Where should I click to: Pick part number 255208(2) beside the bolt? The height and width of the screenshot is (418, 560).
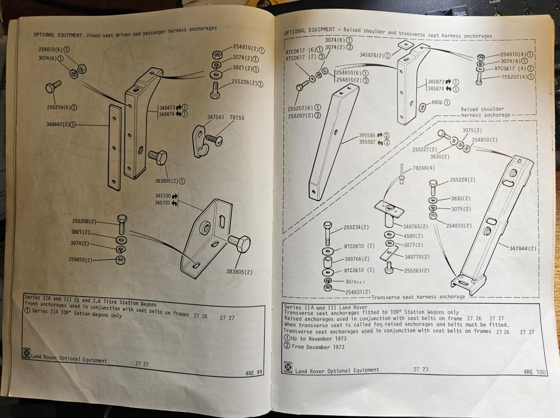85,222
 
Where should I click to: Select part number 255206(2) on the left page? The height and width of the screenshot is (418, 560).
247,82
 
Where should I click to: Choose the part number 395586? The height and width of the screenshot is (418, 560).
370,135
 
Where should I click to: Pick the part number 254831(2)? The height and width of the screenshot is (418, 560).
358,292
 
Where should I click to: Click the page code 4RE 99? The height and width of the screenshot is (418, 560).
255,373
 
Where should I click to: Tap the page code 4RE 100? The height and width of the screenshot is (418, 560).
534,371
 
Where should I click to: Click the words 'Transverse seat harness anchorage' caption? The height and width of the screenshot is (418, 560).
418,297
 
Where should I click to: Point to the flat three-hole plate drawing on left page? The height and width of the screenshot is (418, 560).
114,147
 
